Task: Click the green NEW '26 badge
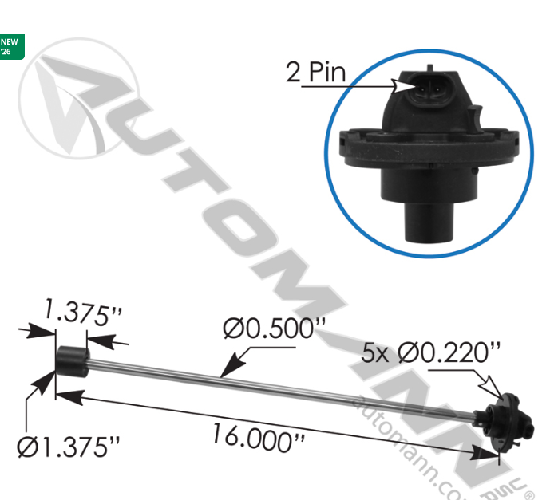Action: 11,46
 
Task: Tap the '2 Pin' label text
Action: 315,73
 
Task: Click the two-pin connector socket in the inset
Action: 422,84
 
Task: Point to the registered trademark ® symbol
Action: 529,474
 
